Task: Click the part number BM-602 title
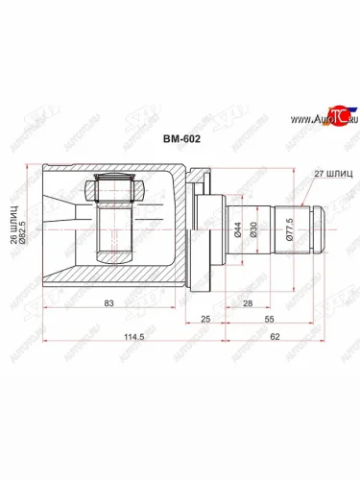point(180,137)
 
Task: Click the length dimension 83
point(112,302)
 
